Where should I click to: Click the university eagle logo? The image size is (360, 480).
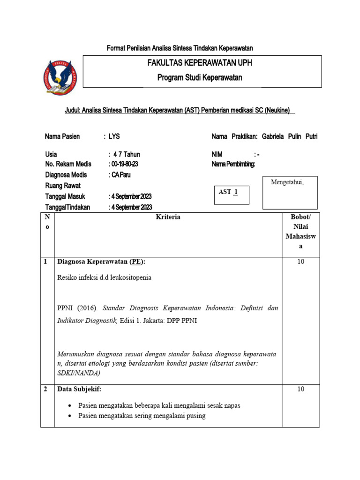60,78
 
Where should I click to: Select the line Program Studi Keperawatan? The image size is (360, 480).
200,78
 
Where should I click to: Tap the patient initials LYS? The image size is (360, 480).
114,136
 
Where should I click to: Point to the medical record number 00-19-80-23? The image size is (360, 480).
124,164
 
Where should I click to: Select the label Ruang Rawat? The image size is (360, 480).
63,186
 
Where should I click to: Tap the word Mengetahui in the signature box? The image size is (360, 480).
287,182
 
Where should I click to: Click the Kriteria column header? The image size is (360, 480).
168,217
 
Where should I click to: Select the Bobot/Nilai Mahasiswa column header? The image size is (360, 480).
300,232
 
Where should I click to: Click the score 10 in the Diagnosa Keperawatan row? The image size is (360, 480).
300,262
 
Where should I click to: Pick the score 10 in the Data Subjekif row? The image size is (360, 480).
300,389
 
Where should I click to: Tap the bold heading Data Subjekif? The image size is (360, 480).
79,389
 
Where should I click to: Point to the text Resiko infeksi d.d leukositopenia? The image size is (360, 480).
104,277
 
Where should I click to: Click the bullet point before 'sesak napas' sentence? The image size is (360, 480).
70,405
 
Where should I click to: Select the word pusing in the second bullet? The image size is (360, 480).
196,415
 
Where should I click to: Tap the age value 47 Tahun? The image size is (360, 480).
127,154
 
